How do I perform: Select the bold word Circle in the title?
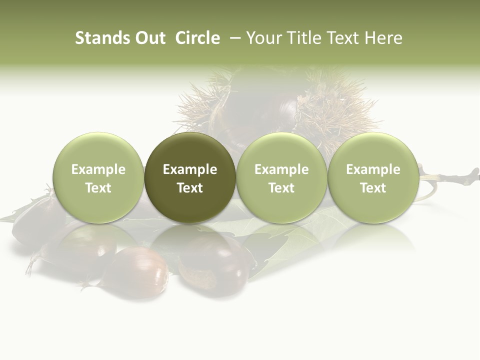pos(197,38)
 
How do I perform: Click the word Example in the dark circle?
pos(190,169)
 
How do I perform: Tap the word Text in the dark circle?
pos(190,188)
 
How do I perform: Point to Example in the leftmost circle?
pos(98,169)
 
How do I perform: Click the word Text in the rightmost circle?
pos(373,188)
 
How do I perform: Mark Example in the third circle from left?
pos(281,169)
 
